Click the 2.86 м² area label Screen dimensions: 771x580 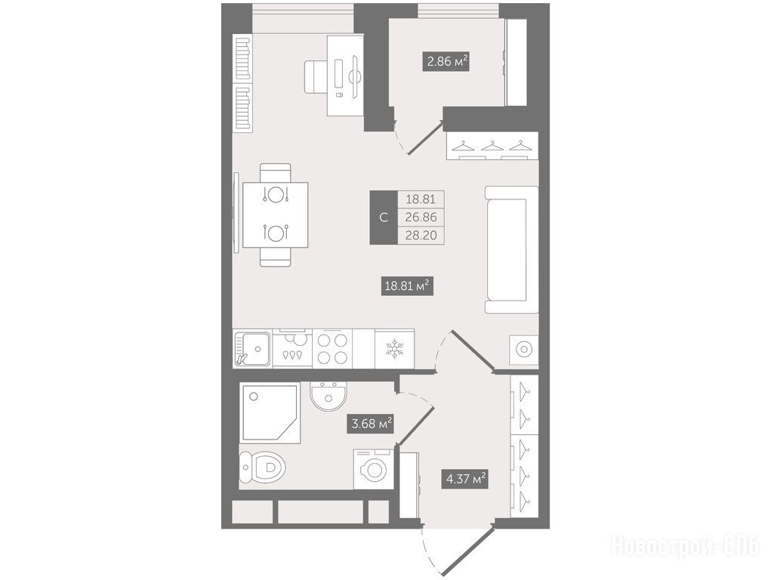(x=446, y=62)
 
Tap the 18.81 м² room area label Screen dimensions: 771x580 (x=408, y=285)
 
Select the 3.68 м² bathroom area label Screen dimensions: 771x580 (x=372, y=423)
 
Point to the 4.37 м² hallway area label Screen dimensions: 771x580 (x=466, y=478)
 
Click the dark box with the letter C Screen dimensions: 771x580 (x=384, y=217)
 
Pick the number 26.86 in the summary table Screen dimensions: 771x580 (x=421, y=217)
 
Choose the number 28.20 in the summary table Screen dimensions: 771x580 (x=421, y=235)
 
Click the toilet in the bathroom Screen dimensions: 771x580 (x=262, y=467)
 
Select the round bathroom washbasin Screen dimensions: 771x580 (x=329, y=396)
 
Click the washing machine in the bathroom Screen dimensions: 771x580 (x=373, y=469)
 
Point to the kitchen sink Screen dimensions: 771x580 (x=252, y=348)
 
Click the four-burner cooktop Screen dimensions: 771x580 (x=332, y=348)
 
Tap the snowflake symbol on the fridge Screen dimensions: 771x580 (x=394, y=348)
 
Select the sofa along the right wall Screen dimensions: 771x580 (x=511, y=249)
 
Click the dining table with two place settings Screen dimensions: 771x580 (x=276, y=215)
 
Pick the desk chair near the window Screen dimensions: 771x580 (x=316, y=76)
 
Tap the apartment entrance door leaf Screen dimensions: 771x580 (x=467, y=550)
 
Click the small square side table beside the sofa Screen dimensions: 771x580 (x=524, y=349)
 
